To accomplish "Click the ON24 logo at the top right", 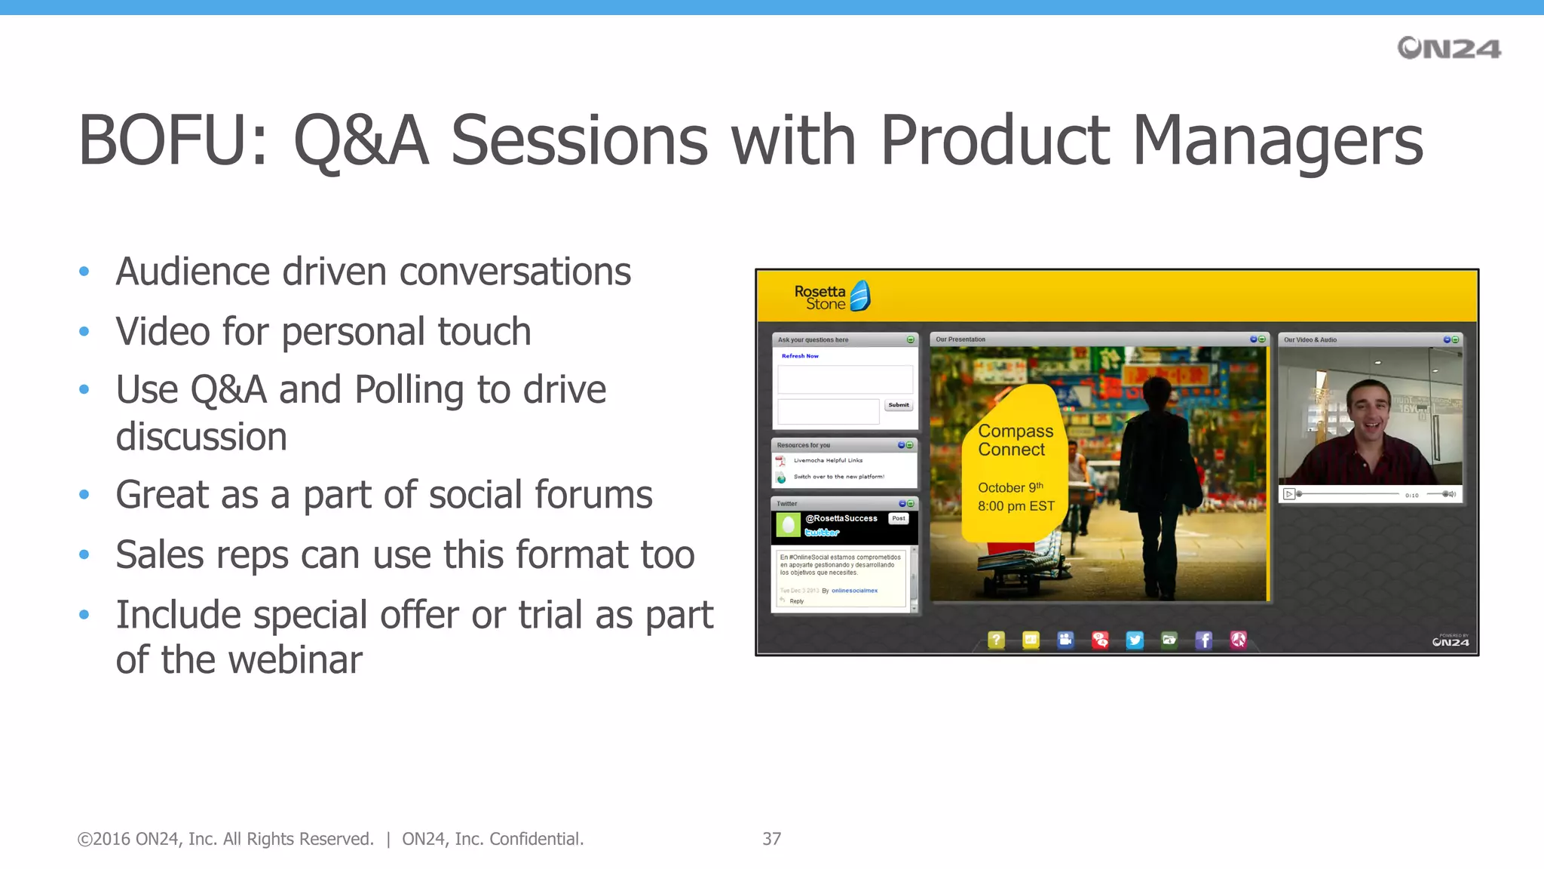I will (x=1448, y=48).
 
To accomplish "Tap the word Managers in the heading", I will (x=1278, y=141).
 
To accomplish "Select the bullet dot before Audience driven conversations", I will (x=84, y=272).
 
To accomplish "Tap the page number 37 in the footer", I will (x=771, y=839).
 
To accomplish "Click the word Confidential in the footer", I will (x=535, y=839).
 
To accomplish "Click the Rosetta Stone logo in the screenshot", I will (x=832, y=297).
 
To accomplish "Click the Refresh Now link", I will (x=800, y=356).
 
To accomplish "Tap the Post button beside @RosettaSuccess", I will (x=899, y=518).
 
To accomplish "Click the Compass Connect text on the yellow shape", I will (x=1015, y=441).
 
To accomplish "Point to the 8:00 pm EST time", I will (x=1016, y=506).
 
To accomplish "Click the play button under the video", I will (x=1289, y=494).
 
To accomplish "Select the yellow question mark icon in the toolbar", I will (x=996, y=640).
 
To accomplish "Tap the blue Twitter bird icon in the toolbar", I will (x=1135, y=640).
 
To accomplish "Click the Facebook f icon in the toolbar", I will (x=1204, y=640).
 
